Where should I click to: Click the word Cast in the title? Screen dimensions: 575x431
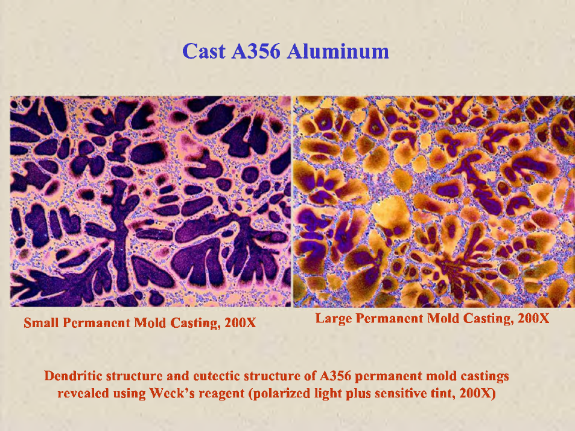tap(203, 51)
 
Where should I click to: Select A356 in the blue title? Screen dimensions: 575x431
tap(256, 51)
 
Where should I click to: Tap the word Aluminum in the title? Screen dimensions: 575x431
tap(338, 51)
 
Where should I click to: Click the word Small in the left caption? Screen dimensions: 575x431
tap(42, 323)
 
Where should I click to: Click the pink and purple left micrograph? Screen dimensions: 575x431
tap(150, 202)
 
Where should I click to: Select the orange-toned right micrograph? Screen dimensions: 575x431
tap(434, 202)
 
